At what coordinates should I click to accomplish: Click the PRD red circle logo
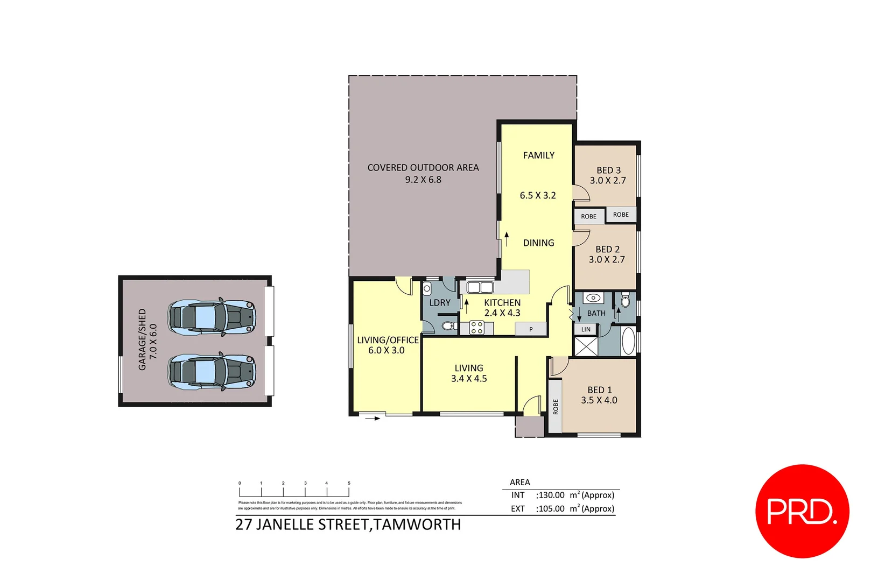tap(802, 511)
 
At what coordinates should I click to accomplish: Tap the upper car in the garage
tap(211, 317)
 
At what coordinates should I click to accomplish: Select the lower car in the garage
tap(211, 371)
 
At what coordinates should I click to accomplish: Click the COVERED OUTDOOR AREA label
tap(423, 168)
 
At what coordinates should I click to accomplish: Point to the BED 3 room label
tap(608, 170)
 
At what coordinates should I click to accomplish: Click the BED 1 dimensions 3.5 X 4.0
tap(599, 400)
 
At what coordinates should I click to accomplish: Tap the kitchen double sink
tap(480, 287)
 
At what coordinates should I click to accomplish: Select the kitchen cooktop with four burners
tap(477, 328)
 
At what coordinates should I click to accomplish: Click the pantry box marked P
tap(531, 329)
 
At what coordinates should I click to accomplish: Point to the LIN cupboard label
tap(586, 329)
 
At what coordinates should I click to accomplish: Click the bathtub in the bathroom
tap(628, 341)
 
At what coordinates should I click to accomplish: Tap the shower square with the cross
tap(586, 346)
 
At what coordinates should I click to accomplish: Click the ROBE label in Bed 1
tap(556, 407)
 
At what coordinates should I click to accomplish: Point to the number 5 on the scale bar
tap(349, 483)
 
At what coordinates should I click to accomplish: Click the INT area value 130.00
tap(551, 495)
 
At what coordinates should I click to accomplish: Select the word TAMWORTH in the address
tap(417, 525)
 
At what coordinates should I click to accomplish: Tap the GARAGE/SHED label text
tap(142, 339)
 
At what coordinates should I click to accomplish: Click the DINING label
tap(538, 243)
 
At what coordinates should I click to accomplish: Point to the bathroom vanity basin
tap(593, 298)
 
